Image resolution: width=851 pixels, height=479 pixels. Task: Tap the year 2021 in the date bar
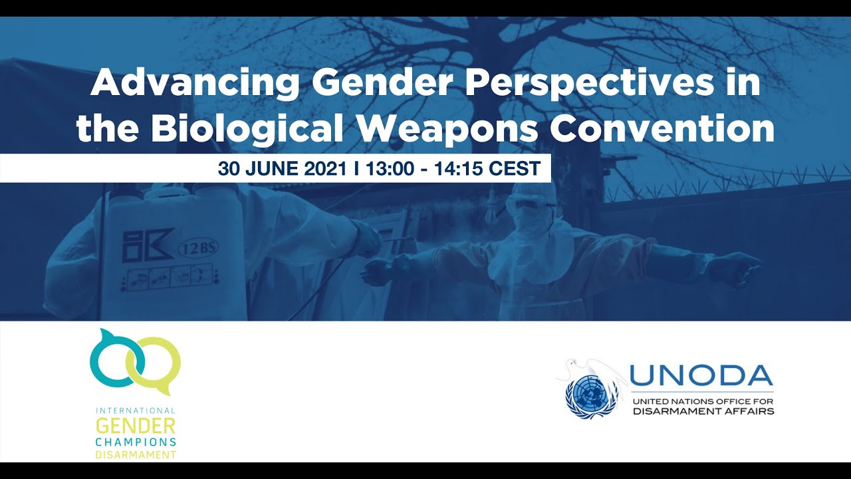coord(326,168)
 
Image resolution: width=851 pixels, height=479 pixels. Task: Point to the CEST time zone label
coord(515,168)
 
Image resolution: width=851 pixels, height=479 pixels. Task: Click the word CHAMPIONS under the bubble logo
coord(136,442)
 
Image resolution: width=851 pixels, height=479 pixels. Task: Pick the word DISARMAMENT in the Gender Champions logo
coord(136,455)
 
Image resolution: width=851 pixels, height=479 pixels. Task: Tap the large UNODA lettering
coord(701,377)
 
